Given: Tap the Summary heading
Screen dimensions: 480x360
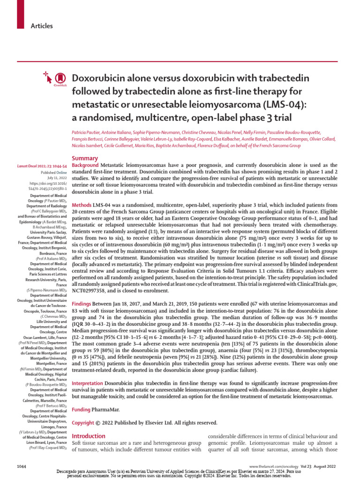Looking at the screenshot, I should coord(84,158).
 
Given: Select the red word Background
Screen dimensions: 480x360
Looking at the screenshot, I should coord(85,166).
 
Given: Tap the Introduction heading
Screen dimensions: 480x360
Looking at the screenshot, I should coord(90,436).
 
